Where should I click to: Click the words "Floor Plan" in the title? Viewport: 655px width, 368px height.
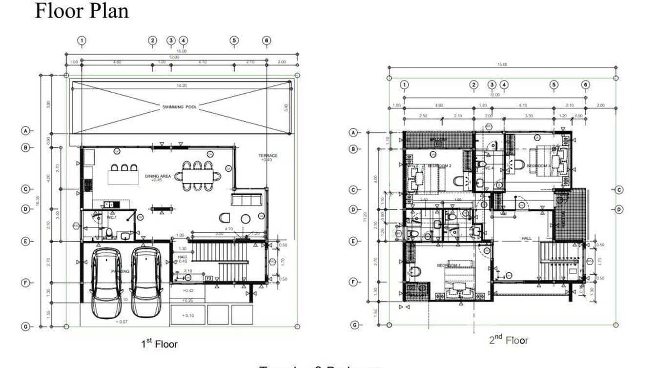point(82,11)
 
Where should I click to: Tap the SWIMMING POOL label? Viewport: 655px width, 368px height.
point(180,106)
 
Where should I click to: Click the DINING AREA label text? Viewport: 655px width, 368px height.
point(158,176)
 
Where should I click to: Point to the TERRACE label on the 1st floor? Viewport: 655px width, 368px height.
point(268,156)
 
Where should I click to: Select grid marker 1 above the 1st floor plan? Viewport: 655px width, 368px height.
point(82,41)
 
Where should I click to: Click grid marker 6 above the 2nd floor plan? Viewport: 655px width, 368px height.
point(586,84)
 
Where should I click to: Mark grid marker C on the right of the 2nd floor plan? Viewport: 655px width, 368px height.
point(619,190)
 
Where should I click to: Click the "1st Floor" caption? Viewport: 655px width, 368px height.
point(160,344)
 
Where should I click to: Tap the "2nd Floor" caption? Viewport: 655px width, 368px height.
point(509,340)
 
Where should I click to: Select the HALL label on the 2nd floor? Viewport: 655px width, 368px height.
point(526,238)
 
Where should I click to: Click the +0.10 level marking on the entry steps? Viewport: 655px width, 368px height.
point(188,315)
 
